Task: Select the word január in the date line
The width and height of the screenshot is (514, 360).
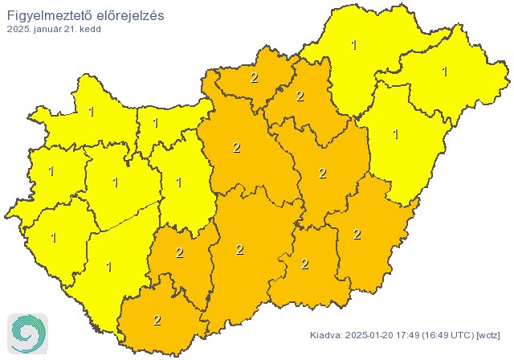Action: coord(50,29)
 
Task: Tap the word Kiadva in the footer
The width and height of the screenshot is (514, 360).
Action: coord(326,334)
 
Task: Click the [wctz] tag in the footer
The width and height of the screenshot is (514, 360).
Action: coord(488,334)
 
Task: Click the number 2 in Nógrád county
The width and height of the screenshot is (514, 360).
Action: coord(255,78)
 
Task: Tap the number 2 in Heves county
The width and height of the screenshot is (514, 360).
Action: coord(300,96)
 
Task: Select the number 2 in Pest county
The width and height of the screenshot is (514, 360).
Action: coord(236,147)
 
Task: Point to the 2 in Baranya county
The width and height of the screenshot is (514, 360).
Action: coord(157,320)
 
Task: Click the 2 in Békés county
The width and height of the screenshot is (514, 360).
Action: coord(357,234)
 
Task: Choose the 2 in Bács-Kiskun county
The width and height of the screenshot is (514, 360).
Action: coord(239,249)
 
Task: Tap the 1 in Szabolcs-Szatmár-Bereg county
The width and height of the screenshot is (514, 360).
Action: coord(444,72)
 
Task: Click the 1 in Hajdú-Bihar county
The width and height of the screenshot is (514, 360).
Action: coord(395,134)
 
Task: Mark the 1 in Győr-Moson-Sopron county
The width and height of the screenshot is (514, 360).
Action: coord(91,112)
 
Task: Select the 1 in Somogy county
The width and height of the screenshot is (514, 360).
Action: coord(109,266)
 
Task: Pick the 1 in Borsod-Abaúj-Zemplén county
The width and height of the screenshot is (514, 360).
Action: coord(354,45)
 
